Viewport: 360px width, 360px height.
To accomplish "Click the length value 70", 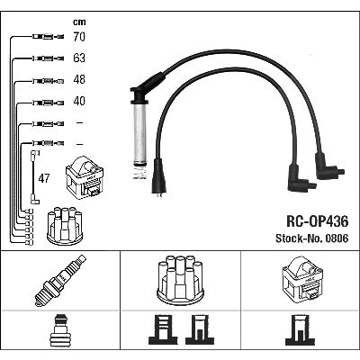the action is pos(79,37).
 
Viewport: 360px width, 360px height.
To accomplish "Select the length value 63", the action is pos(79,58).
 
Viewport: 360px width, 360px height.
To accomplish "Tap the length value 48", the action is pos(79,79).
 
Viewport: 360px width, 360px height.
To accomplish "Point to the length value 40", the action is pos(79,101).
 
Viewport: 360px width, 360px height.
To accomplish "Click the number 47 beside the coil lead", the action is pos(44,178).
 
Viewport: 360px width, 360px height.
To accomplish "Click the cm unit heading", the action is pos(79,22).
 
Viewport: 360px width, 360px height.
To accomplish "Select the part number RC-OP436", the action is pos(318,221).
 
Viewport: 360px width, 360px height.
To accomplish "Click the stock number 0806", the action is pos(335,238).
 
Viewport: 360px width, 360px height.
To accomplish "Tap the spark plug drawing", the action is pos(60,281).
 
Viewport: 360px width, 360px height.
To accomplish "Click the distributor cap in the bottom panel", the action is pos(181,281).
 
